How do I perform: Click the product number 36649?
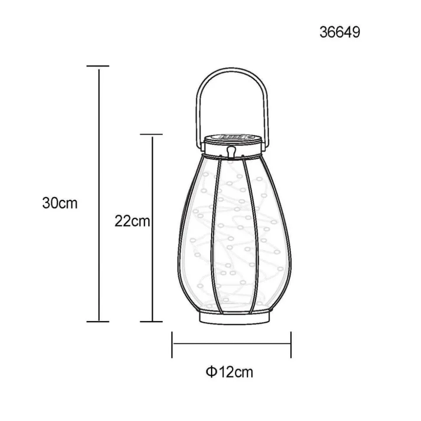(340, 32)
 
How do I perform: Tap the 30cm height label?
(60, 203)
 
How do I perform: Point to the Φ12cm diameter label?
(229, 372)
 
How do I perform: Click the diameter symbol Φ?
(210, 372)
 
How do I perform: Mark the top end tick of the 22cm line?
(151, 135)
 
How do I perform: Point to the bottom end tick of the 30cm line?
(98, 322)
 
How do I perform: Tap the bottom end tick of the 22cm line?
(151, 322)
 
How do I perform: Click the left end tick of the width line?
(172, 345)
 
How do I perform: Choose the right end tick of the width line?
(290, 345)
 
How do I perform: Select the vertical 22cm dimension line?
(152, 269)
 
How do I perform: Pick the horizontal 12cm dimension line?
(231, 345)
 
